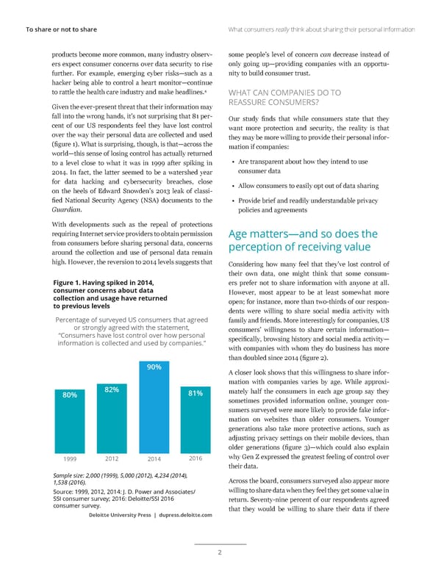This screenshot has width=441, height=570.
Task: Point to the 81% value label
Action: click(x=196, y=393)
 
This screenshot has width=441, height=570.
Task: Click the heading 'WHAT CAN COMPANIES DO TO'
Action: click(x=285, y=93)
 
